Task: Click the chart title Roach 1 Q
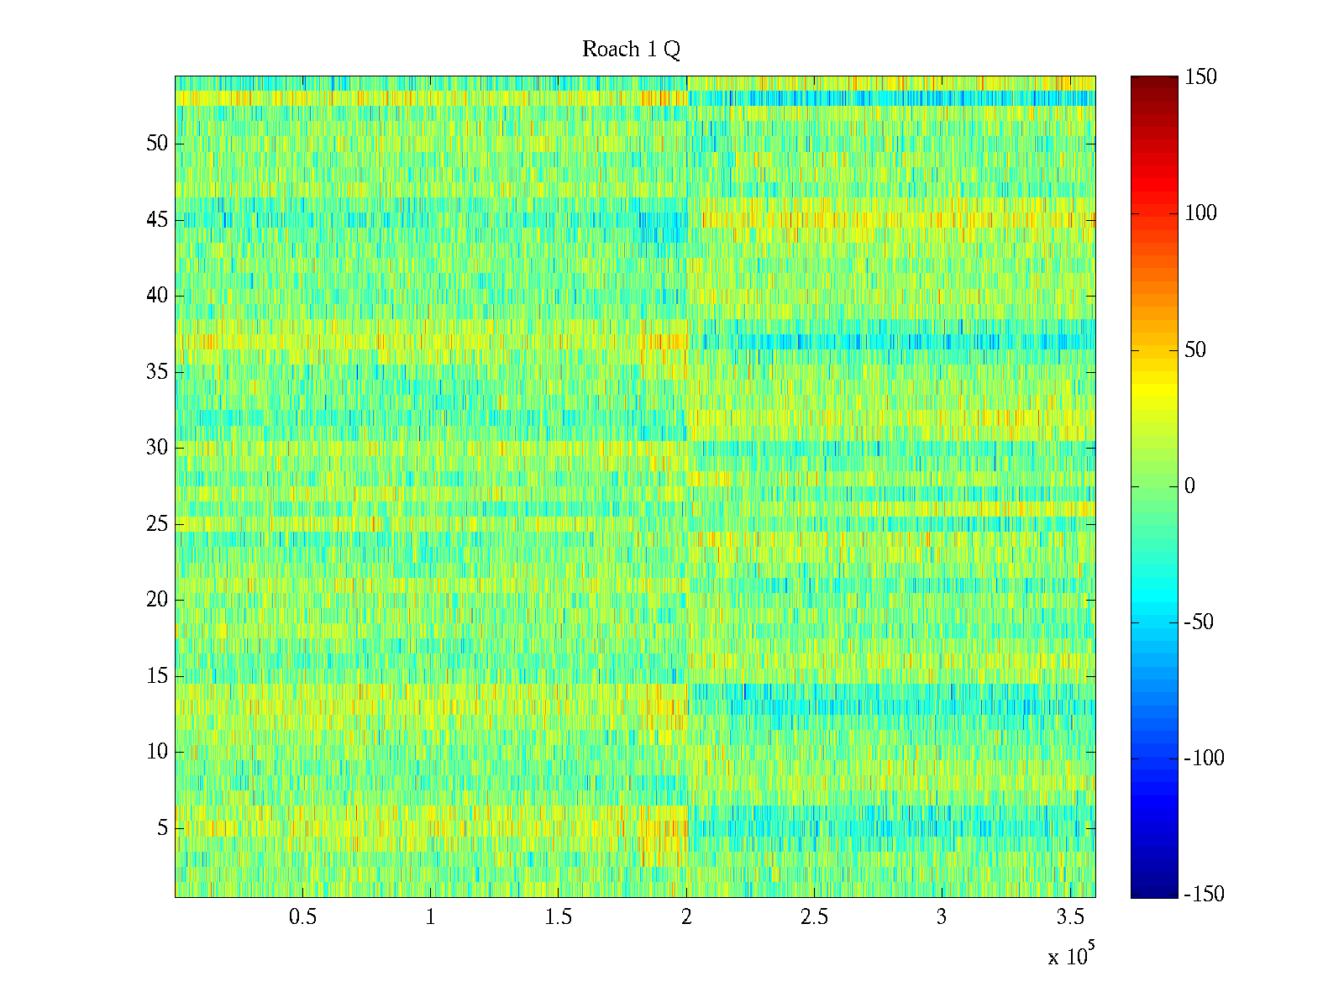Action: point(631,50)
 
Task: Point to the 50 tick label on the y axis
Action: point(157,144)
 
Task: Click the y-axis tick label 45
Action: point(157,220)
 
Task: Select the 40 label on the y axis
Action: point(157,296)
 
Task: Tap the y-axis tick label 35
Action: point(157,372)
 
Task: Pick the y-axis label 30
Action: point(157,448)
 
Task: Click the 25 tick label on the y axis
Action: point(157,524)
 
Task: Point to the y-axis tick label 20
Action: point(157,600)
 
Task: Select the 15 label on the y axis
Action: point(157,676)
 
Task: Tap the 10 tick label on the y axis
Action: point(157,752)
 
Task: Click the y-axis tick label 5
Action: point(162,828)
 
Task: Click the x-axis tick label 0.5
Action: point(302,917)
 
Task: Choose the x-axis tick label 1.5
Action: point(559,917)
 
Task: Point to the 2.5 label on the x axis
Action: point(814,917)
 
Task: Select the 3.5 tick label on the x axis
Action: point(1069,917)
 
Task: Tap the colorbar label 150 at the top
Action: point(1200,77)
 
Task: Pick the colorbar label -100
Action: point(1204,759)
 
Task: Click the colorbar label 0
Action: point(1189,486)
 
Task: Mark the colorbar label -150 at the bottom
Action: point(1204,895)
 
